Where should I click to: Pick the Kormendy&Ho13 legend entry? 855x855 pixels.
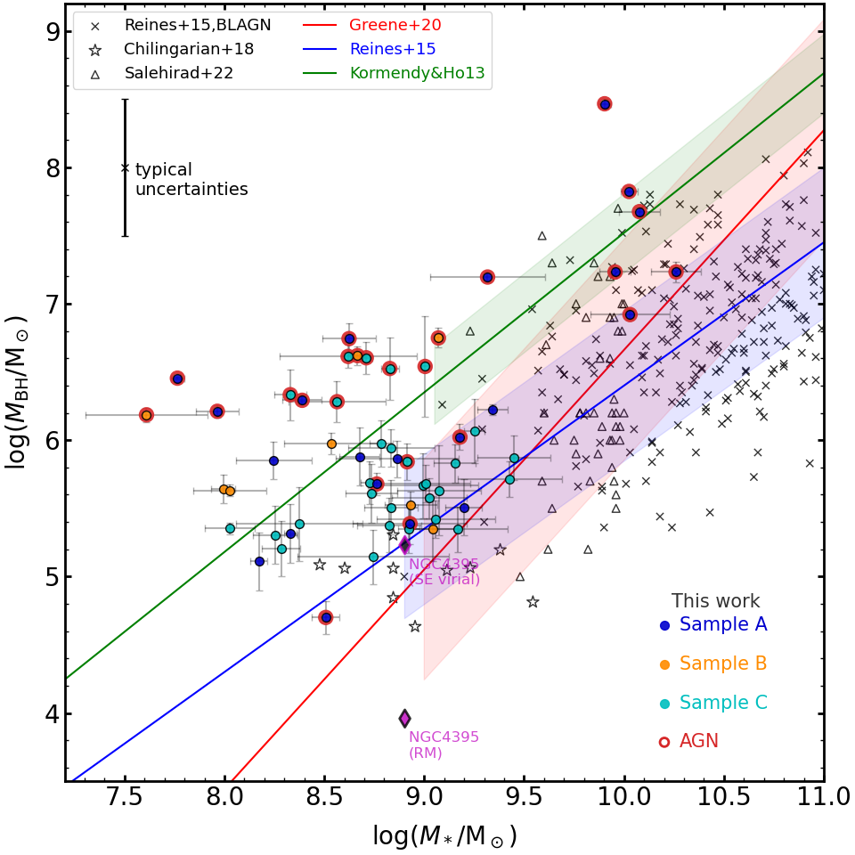417,73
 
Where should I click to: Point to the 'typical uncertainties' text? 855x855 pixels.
191,180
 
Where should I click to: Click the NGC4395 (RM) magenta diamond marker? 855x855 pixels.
404,718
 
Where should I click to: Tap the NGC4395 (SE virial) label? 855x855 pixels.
444,572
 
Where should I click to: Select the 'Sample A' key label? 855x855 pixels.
722,625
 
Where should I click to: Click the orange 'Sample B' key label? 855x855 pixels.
722,664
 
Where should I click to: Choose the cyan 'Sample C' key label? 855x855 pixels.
722,703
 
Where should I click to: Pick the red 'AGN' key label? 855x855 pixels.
698,742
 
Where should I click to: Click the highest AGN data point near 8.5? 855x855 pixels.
605,104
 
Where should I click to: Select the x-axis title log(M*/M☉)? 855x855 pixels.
444,836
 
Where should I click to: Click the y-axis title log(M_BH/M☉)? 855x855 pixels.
18,392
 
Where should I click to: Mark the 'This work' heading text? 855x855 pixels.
715,602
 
